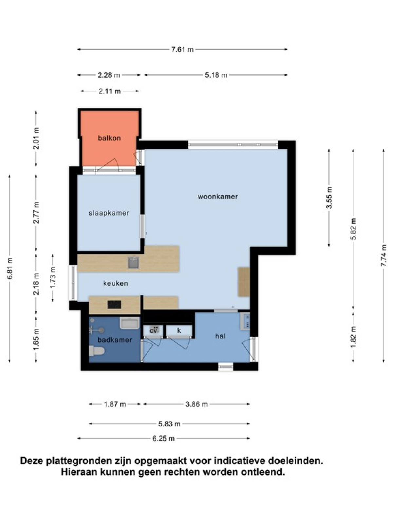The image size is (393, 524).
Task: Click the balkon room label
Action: point(109,138)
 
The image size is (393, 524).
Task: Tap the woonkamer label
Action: point(217,196)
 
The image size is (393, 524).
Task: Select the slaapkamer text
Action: point(109,213)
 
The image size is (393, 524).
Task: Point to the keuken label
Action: point(116,283)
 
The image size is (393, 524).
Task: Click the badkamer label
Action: point(115,340)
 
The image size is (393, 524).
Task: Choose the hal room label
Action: point(220,336)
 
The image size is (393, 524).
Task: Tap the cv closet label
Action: point(153,331)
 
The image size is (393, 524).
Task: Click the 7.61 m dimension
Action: point(182,50)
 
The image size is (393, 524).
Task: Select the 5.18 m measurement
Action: point(216,75)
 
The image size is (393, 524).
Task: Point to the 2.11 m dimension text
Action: point(110,91)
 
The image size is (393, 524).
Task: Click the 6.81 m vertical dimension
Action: point(10,269)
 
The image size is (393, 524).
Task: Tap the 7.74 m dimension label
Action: point(384,255)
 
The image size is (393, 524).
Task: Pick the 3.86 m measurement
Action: point(196,404)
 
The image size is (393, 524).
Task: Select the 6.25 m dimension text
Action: point(163,439)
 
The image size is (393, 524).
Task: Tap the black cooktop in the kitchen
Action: point(114,305)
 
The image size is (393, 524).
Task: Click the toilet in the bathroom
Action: point(97,351)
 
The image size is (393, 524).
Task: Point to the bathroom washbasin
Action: point(130,323)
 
